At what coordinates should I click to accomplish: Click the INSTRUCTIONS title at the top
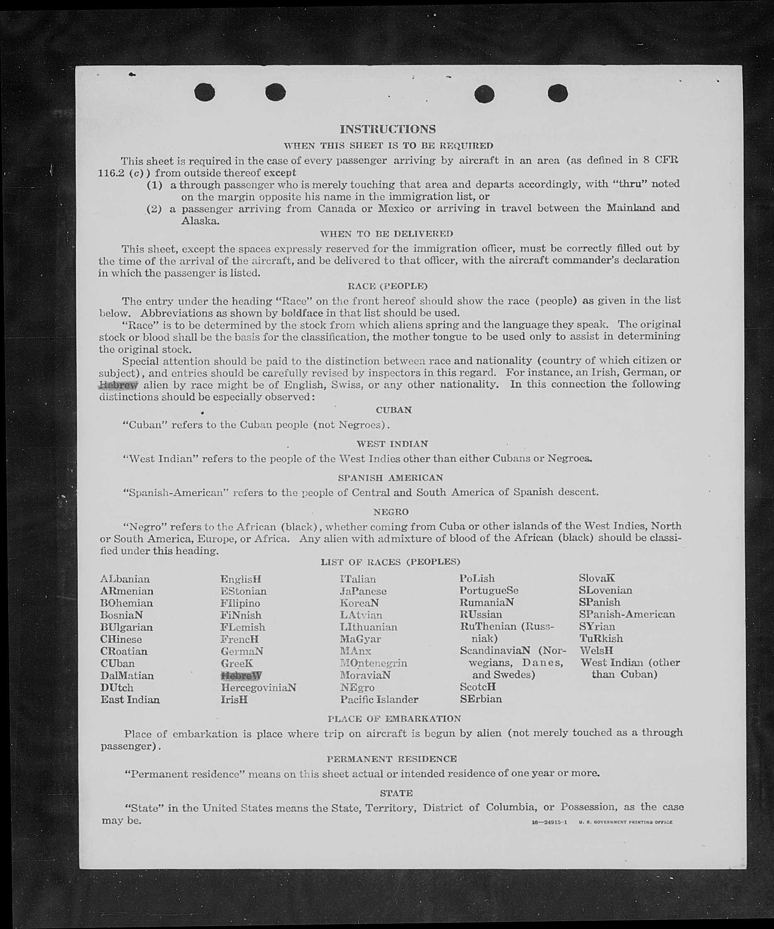point(387,129)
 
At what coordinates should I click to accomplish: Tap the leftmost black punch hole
point(204,92)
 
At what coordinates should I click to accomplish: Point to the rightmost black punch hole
point(557,93)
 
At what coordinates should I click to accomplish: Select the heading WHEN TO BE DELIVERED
point(386,234)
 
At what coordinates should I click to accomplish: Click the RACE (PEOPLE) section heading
point(388,286)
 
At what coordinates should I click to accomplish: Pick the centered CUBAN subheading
point(393,410)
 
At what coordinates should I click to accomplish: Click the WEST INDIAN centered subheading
point(392,444)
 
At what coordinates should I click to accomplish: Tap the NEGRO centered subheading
point(391,512)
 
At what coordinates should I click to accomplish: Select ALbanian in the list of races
point(125,579)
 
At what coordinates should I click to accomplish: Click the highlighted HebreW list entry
point(241,675)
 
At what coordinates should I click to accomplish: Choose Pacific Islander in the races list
point(379,700)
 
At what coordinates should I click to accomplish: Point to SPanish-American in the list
point(627,614)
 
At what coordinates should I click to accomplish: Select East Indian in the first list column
point(130,700)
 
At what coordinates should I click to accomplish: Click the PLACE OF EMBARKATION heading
point(394,719)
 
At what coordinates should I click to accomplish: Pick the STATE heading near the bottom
point(396,793)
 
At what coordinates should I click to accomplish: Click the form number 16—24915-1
point(549,822)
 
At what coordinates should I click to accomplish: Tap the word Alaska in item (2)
point(200,221)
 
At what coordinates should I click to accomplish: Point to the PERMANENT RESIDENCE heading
point(392,759)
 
